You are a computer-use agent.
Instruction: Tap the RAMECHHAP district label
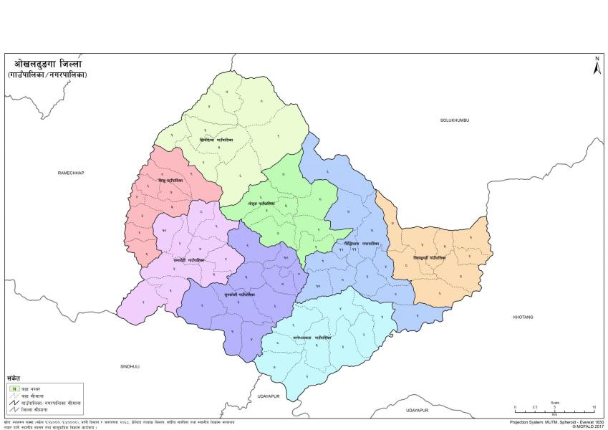pos(72,173)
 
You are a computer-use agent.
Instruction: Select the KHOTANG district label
pos(523,316)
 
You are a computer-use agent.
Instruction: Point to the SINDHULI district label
pos(130,365)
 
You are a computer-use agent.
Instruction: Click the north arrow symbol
pos(595,66)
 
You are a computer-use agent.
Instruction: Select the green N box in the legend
pos(14,388)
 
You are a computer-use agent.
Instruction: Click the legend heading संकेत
pos(14,378)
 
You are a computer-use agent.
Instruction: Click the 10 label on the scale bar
pos(593,408)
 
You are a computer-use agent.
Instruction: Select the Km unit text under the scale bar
pos(554,414)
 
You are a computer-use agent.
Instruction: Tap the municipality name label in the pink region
pos(171,181)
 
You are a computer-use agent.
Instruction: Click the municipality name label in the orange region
pos(429,256)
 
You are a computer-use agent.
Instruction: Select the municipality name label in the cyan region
pos(312,337)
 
